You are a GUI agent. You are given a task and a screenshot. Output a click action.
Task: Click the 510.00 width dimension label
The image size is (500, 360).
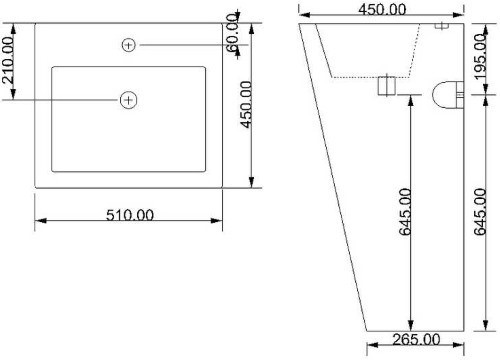pyautogui.click(x=130, y=215)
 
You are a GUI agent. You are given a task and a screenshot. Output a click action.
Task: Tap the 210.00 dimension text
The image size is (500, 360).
pyautogui.click(x=8, y=60)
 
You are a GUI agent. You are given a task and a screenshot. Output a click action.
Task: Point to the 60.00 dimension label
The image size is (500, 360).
pyautogui.click(x=232, y=33)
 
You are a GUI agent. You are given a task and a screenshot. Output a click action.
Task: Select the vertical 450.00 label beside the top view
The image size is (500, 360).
pyautogui.click(x=247, y=104)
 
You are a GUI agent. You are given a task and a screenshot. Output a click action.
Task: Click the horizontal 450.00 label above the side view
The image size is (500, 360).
pyautogui.click(x=382, y=9)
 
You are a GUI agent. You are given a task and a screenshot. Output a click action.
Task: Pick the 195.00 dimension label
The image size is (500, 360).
pyautogui.click(x=481, y=57)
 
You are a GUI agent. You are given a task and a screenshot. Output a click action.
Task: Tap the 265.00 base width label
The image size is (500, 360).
pyautogui.click(x=416, y=340)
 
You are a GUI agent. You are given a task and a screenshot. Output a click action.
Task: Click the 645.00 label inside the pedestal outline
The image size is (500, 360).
pyautogui.click(x=406, y=212)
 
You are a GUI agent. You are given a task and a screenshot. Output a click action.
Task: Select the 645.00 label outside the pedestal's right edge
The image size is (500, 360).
pyautogui.click(x=480, y=212)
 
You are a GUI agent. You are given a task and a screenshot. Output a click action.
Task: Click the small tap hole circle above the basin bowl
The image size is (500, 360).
pyautogui.click(x=129, y=45)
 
